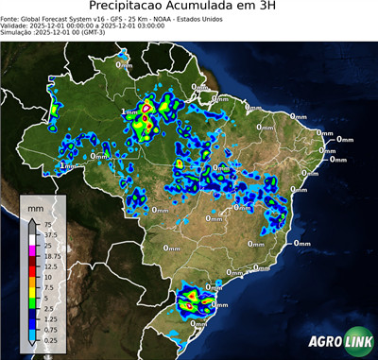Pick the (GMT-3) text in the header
(94, 32)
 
